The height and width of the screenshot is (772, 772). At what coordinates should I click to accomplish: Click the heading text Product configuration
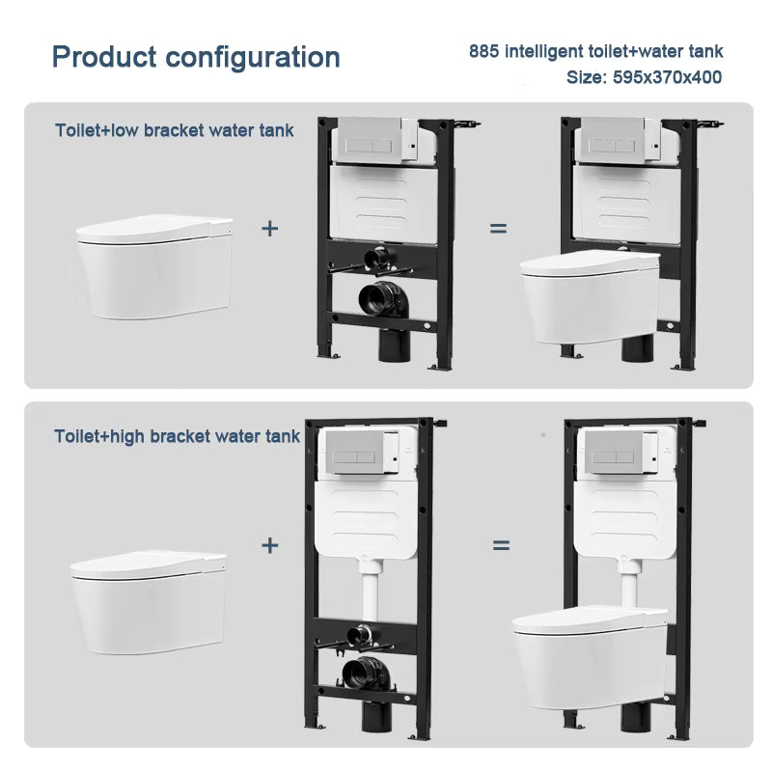click(196, 56)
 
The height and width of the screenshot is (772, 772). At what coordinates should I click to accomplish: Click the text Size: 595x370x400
click(644, 77)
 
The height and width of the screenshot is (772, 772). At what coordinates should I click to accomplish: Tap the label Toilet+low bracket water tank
click(175, 129)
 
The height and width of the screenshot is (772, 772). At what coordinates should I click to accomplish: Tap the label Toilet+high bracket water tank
click(178, 436)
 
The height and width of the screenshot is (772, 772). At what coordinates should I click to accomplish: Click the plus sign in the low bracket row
click(270, 229)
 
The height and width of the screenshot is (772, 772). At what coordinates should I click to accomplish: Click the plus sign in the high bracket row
click(270, 545)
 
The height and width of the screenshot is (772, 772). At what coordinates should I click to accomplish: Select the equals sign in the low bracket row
click(498, 229)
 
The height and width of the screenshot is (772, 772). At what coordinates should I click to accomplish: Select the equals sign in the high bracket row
click(501, 545)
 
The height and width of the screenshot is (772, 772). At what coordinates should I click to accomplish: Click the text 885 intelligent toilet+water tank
click(595, 51)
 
